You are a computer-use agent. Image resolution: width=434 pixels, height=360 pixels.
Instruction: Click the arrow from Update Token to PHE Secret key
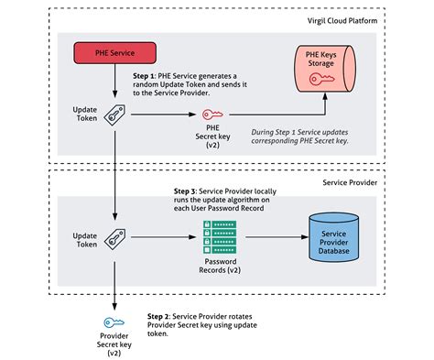[x=163, y=115]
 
